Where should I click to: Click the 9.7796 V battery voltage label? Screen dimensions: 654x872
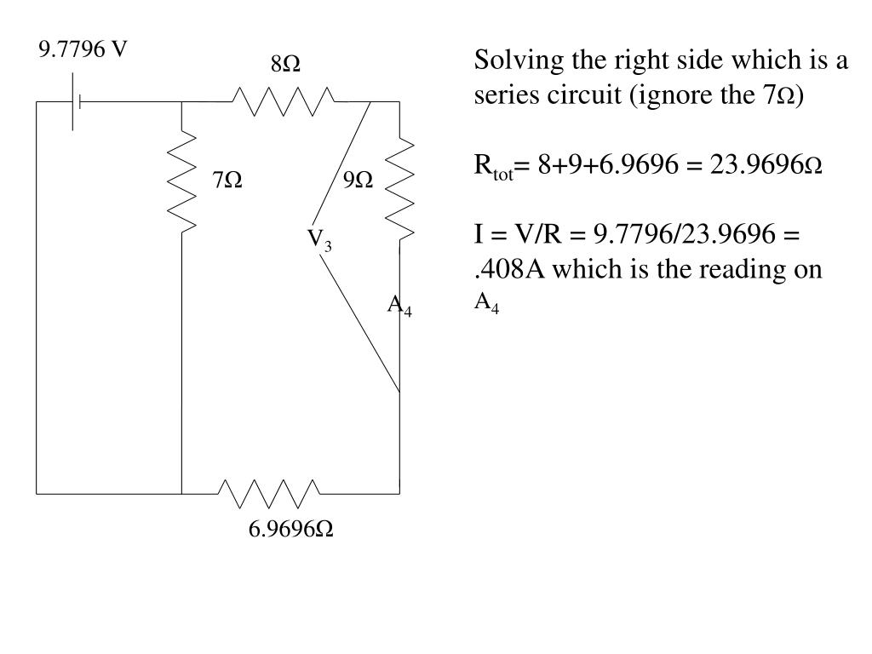(x=83, y=50)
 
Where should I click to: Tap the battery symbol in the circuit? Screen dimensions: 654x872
(x=76, y=102)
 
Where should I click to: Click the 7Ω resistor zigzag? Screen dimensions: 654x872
(x=182, y=181)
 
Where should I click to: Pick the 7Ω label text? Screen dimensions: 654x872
(x=227, y=181)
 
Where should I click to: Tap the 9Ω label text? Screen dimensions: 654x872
(x=359, y=181)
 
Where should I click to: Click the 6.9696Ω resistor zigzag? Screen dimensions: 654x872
(x=269, y=493)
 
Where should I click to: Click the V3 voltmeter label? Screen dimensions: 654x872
(x=320, y=239)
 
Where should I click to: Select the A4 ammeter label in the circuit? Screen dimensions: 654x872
(x=400, y=306)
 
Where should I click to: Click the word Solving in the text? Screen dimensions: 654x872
(x=508, y=62)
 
